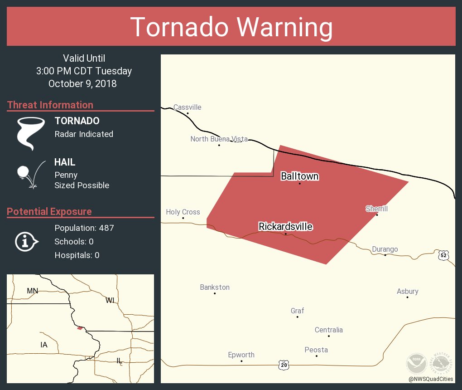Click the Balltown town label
coord(299,176)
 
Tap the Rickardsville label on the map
coord(285,226)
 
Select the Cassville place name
coord(187,107)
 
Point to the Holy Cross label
coord(183,212)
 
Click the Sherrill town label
coord(377,209)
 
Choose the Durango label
coord(385,249)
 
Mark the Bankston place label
coord(215,288)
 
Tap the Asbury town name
coord(408,292)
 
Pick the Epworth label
coord(241,355)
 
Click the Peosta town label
coord(316,350)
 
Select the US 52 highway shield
coord(443,256)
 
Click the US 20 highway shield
coord(284,364)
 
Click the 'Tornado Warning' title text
coord(231,27)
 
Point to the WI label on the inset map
coord(110,300)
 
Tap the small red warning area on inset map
coord(80,328)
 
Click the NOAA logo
coord(416,363)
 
